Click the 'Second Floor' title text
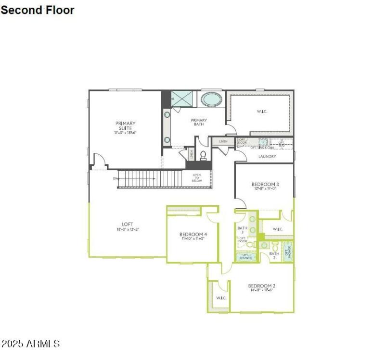click(x=38, y=10)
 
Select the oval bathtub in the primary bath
click(x=211, y=99)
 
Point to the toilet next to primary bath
click(x=203, y=155)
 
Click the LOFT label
click(x=128, y=224)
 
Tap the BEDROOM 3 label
click(x=265, y=184)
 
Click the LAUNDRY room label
click(x=267, y=156)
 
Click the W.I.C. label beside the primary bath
click(x=262, y=111)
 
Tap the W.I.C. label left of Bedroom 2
click(x=221, y=298)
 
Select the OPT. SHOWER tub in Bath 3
click(x=246, y=257)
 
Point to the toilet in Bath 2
click(x=275, y=246)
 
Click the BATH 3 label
click(x=242, y=230)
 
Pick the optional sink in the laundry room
click(x=263, y=142)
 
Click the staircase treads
click(x=149, y=179)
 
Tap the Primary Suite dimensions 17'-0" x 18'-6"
click(x=125, y=132)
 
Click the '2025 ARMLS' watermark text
click(x=31, y=344)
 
